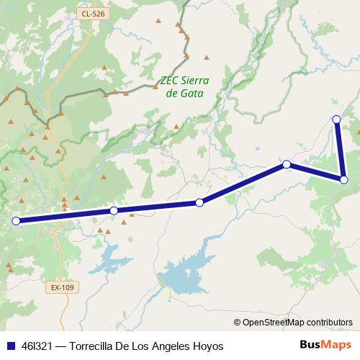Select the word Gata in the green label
click(192, 94)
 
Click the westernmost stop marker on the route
click(16, 221)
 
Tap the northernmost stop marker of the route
click(336, 119)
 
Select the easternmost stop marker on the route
click(344, 179)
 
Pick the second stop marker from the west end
click(114, 210)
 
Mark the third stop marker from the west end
click(199, 202)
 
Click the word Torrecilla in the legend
click(94, 346)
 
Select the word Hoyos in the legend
click(209, 346)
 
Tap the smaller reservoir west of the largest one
click(115, 256)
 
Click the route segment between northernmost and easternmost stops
click(341, 149)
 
